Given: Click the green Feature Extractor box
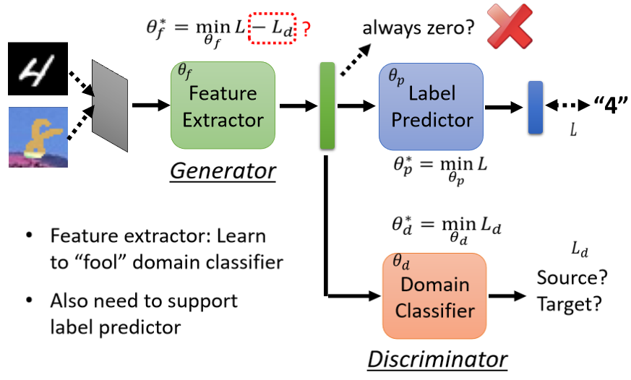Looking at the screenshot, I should pyautogui.click(x=223, y=105).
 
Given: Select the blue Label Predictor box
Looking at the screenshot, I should pyautogui.click(x=430, y=106).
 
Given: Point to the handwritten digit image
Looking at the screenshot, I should pyautogui.click(x=38, y=69).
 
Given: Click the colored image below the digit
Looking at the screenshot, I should pyautogui.click(x=38, y=137).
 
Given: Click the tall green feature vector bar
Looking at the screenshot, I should pyautogui.click(x=327, y=106).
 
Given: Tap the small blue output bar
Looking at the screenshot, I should pyautogui.click(x=535, y=108).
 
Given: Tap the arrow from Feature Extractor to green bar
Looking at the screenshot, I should pyautogui.click(x=299, y=107).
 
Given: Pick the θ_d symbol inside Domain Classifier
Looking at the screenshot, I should pyautogui.click(x=401, y=261).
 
